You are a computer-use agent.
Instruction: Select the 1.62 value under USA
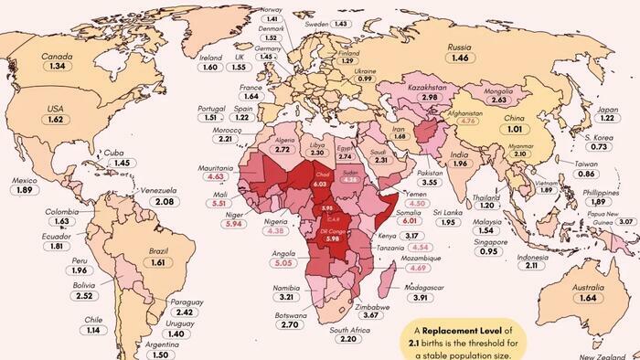coord(55,120)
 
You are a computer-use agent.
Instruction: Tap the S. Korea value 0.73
coord(599,147)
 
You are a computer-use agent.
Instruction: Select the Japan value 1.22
coord(607,118)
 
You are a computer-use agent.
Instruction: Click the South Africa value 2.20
coord(349,338)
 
